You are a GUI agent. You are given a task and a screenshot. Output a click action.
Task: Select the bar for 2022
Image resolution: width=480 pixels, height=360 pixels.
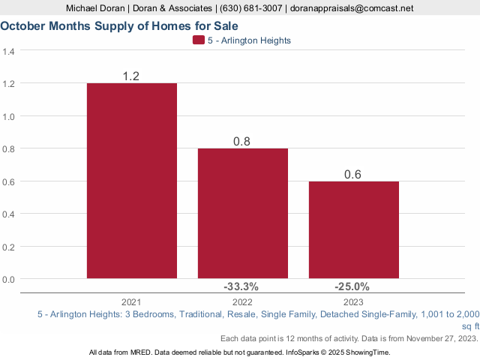[243, 213]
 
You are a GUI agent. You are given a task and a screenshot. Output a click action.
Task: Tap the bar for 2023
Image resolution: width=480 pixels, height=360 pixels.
[354, 229]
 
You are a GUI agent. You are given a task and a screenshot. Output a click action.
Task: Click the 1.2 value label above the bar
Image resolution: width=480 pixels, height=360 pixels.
[132, 76]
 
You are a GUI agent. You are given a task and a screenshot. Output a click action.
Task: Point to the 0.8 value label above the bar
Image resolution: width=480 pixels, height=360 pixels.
[243, 141]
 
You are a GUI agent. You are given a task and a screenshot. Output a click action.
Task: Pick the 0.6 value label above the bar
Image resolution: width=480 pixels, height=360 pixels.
[353, 174]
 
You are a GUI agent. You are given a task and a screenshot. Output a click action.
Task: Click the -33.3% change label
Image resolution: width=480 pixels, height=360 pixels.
[241, 286]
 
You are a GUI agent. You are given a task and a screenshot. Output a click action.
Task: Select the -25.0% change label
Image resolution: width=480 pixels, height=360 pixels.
[352, 286]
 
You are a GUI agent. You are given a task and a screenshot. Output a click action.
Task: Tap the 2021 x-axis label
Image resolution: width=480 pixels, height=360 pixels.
[132, 300]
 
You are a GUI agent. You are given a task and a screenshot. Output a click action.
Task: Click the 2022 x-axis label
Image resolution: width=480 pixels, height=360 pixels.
[243, 300]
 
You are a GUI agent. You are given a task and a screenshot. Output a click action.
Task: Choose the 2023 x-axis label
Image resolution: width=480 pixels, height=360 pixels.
[354, 300]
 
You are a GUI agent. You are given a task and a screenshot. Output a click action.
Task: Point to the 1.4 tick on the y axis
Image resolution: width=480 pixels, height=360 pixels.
[9, 52]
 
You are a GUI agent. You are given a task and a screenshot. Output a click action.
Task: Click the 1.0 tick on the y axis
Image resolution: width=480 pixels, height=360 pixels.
[9, 116]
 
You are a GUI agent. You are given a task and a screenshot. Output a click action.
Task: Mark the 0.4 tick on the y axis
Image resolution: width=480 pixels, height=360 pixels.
[9, 214]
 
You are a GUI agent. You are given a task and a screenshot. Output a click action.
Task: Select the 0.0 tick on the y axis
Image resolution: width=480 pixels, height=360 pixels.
[9, 279]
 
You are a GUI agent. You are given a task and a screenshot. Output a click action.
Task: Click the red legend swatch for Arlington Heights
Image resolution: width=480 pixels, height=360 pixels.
[198, 40]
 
